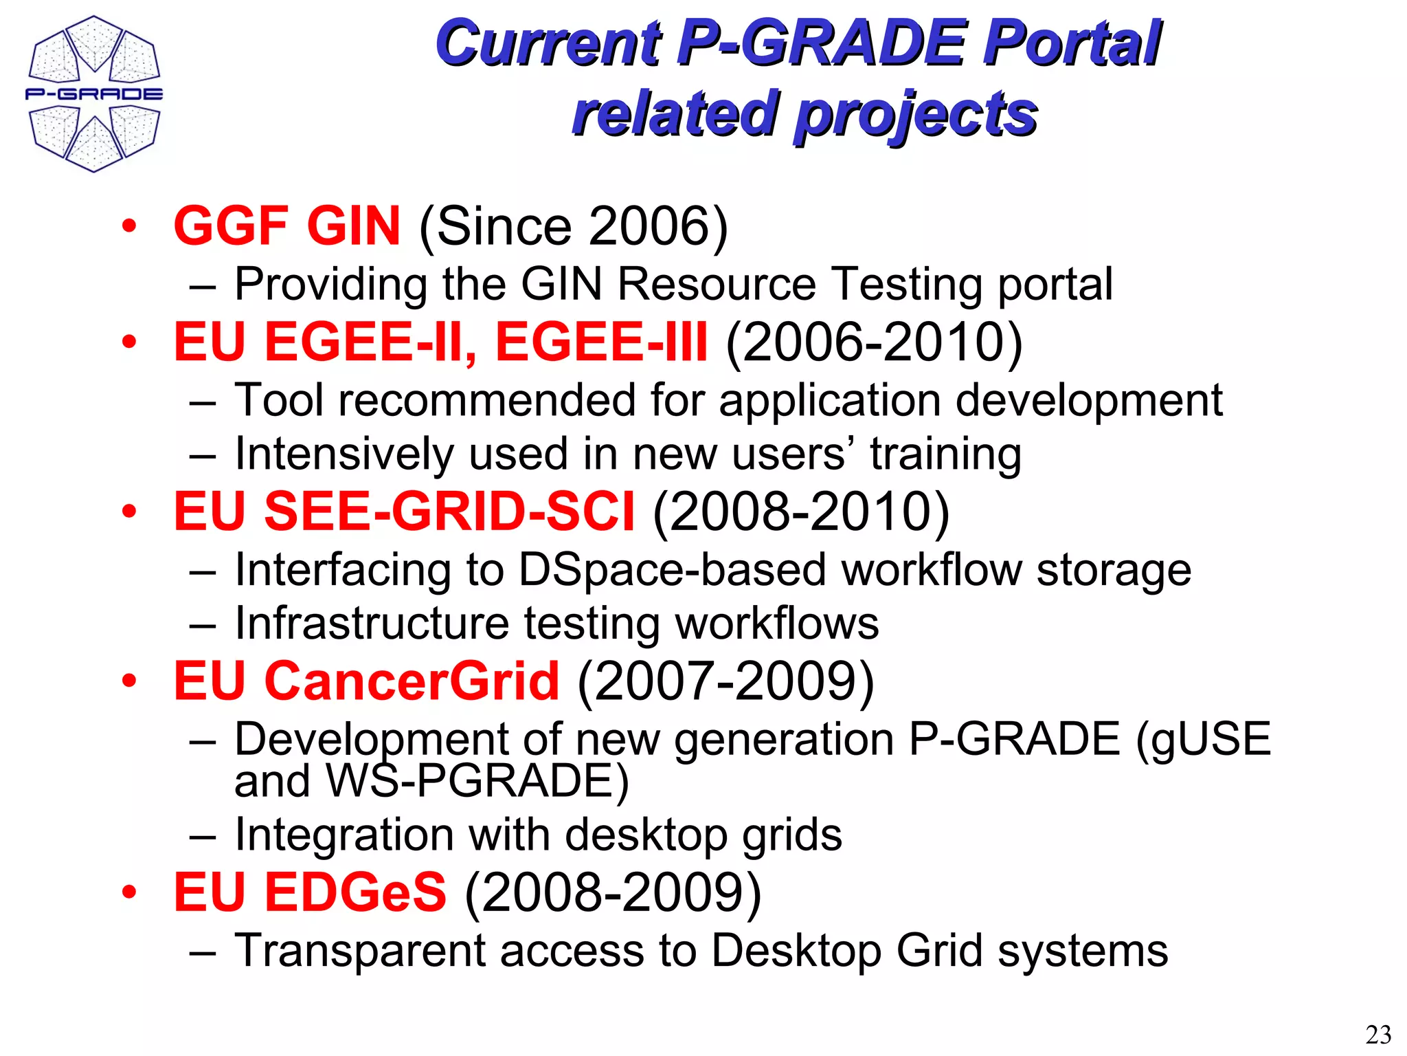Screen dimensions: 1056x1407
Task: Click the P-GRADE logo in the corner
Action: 94,93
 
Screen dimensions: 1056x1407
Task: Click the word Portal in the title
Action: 1072,43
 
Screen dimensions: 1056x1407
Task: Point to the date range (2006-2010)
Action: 874,342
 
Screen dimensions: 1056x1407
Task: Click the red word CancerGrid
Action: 412,681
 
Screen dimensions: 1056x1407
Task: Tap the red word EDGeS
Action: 355,892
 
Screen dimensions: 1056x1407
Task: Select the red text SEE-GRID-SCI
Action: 449,511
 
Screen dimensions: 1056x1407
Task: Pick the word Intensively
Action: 344,454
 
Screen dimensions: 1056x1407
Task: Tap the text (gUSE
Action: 1203,739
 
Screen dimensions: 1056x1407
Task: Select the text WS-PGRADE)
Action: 477,781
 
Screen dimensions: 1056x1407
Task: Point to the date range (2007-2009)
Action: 725,681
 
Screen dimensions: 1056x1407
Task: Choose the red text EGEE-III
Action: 601,342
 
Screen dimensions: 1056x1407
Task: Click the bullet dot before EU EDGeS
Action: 129,892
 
